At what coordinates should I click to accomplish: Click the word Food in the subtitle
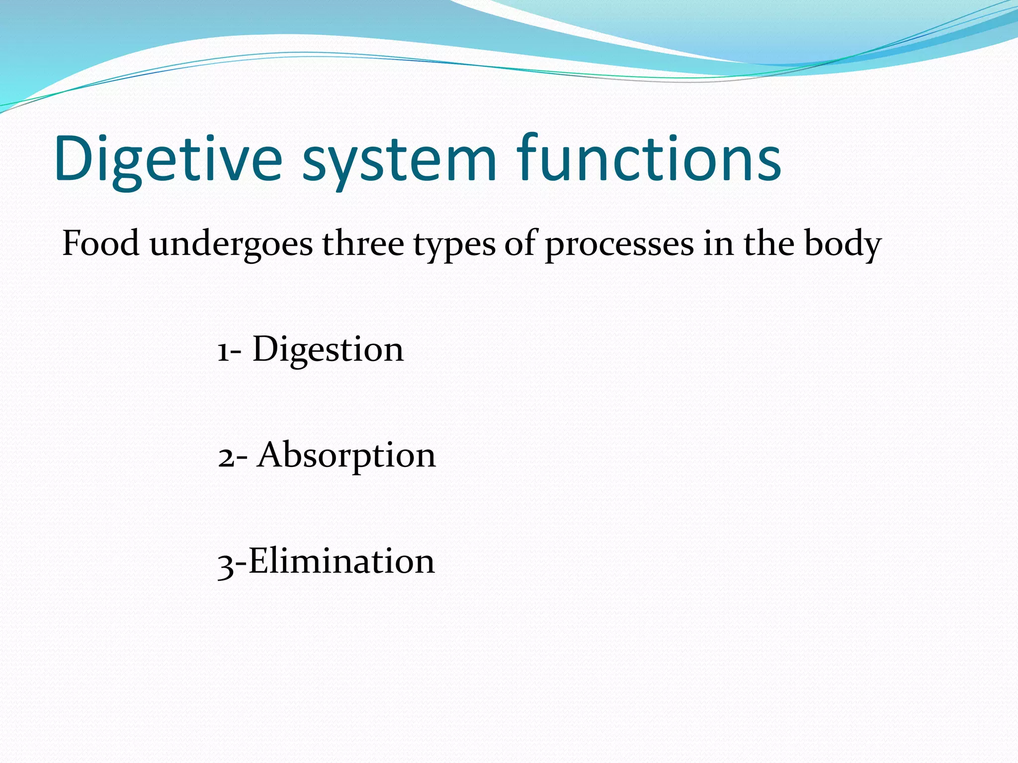click(100, 244)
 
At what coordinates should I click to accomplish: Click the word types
click(454, 246)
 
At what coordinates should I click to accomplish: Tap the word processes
click(619, 246)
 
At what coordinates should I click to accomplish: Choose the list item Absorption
click(346, 456)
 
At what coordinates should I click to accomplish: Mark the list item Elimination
click(341, 561)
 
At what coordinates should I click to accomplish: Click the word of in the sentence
click(521, 244)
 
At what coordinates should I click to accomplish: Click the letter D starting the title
click(75, 159)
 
